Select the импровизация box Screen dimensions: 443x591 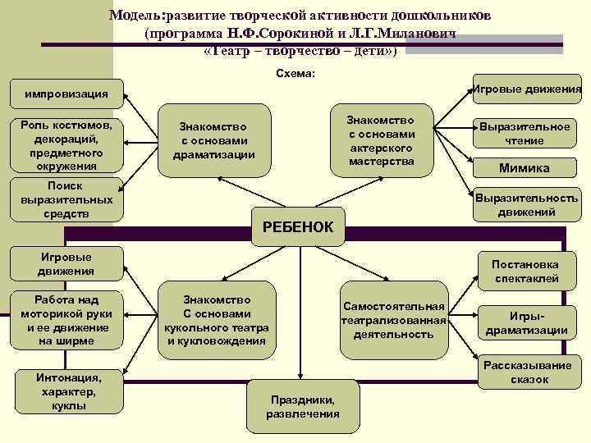pyautogui.click(x=66, y=93)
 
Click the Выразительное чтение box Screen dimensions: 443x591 pyautogui.click(x=525, y=134)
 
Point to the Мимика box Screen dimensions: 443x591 pyautogui.click(x=525, y=168)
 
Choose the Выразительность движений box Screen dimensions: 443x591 pyautogui.click(x=526, y=204)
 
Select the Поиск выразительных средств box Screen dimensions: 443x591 pyautogui.click(x=66, y=199)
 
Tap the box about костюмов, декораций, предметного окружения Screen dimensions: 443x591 pyautogui.click(x=66, y=145)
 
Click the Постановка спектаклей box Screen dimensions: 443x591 pyautogui.click(x=525, y=272)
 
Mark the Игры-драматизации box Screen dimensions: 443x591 pyautogui.click(x=526, y=322)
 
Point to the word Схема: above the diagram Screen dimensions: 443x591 pyautogui.click(x=296, y=73)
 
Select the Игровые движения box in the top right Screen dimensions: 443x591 pyautogui.click(x=528, y=89)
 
